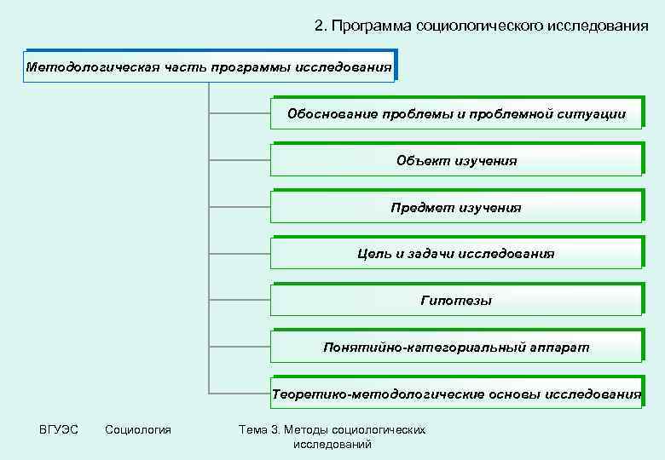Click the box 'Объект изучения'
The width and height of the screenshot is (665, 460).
(456, 160)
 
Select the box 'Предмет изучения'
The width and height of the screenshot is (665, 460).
(456, 207)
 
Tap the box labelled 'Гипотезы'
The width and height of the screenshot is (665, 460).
(456, 300)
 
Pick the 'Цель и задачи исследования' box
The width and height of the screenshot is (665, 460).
(456, 253)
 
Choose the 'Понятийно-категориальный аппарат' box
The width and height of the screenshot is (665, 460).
(456, 347)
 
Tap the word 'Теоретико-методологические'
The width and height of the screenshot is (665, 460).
(379, 394)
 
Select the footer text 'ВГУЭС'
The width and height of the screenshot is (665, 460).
(59, 429)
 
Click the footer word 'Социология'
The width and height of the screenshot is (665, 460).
(138, 429)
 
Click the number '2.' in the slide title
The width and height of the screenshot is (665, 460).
(321, 26)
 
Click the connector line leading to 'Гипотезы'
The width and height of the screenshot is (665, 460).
(240, 300)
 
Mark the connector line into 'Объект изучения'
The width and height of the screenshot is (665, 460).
(240, 160)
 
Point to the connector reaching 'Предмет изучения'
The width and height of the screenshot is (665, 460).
(240, 207)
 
